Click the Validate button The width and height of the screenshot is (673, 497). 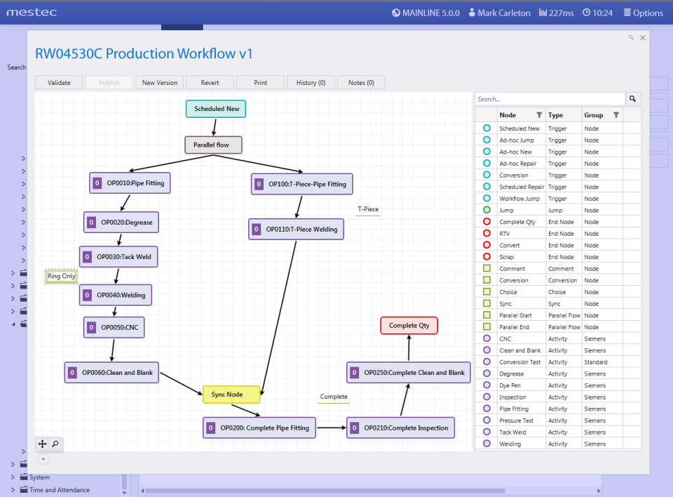(59, 83)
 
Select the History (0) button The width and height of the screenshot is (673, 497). (311, 83)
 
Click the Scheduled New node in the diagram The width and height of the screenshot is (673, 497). (216, 109)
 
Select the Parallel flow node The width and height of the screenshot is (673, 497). (213, 145)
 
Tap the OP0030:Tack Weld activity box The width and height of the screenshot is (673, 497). (118, 257)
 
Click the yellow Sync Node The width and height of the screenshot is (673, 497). (231, 395)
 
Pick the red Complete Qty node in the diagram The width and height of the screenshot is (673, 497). (409, 326)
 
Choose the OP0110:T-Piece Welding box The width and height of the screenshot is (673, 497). (296, 229)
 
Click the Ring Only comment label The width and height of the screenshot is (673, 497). (62, 276)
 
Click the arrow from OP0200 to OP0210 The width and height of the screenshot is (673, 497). (332, 428)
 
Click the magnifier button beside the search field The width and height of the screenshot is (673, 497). (632, 99)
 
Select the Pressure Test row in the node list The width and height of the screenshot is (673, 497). (516, 420)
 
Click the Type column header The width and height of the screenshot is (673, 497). (555, 115)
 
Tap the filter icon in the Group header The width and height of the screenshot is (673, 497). (616, 115)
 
